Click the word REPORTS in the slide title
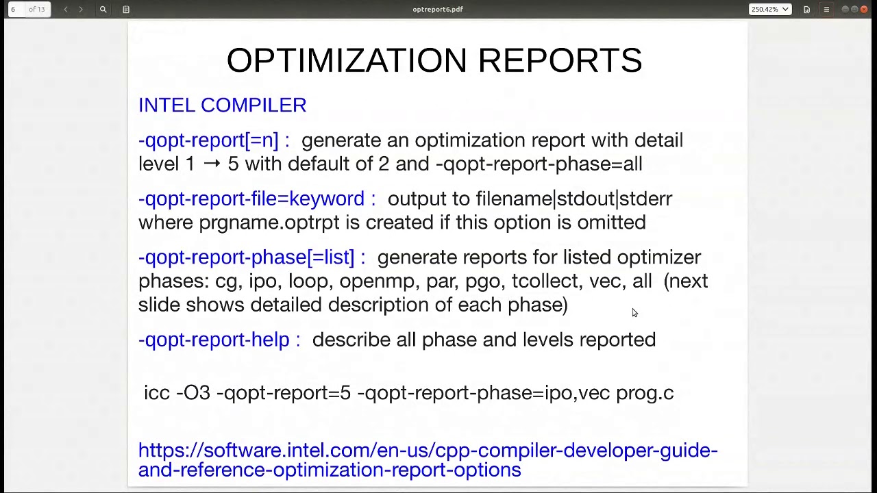560,61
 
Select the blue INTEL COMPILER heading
222,105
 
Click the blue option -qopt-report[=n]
208,140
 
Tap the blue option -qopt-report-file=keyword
251,199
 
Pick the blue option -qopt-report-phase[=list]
247,257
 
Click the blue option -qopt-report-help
214,340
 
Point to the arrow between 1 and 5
212,164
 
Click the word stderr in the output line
645,199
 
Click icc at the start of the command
156,393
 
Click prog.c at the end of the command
644,393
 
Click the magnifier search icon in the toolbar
103,10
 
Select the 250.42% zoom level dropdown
769,10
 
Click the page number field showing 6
13,10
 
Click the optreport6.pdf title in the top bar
438,10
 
